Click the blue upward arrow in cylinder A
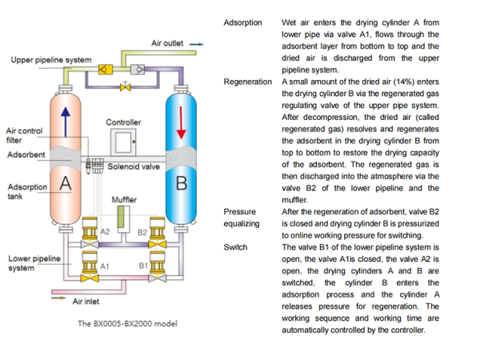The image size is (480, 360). (66, 122)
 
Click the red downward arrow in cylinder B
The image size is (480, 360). (182, 122)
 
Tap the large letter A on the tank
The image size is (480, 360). (66, 184)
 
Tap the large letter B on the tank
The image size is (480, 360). (182, 183)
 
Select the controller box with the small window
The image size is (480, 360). (123, 142)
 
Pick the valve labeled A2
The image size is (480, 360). (90, 233)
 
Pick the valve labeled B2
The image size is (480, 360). (158, 233)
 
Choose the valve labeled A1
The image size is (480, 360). (90, 266)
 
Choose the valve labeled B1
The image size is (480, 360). (158, 266)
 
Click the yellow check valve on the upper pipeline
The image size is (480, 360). (105, 70)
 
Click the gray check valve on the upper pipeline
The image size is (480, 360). (138, 70)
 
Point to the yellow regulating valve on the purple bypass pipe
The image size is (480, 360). (126, 86)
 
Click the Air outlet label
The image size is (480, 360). (167, 43)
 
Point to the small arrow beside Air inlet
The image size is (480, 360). (58, 298)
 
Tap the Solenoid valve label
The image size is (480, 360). (134, 166)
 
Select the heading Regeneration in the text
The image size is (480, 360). (248, 82)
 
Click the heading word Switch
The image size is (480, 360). (235, 247)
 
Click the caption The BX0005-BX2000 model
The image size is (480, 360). (127, 323)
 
